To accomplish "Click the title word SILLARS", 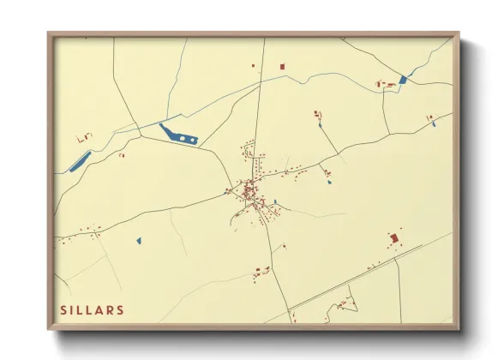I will click(92, 309).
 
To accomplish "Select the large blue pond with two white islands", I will click(180, 135).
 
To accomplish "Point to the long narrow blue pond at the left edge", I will click(80, 160).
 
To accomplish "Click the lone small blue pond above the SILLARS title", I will click(138, 241).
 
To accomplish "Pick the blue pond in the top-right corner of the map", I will click(403, 79).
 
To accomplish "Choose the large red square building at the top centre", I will click(282, 66).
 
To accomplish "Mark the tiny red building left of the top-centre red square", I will click(253, 65).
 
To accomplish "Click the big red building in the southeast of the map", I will click(393, 237).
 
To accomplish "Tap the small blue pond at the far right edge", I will click(435, 124).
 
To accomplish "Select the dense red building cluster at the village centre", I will click(249, 190).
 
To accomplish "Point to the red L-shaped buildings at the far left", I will click(84, 137).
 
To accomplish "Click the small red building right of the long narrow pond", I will click(121, 155).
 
